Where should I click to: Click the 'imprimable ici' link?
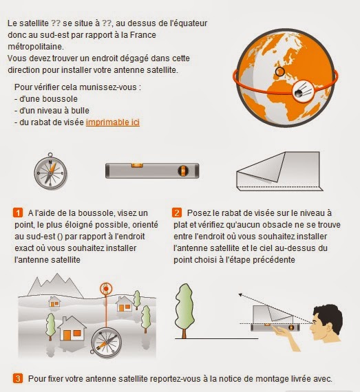coord(113,122)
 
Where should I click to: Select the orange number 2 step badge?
coord(177,213)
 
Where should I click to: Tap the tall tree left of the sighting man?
coord(185,305)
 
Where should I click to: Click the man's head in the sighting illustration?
coord(324,326)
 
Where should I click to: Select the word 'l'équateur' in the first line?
coord(187,23)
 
